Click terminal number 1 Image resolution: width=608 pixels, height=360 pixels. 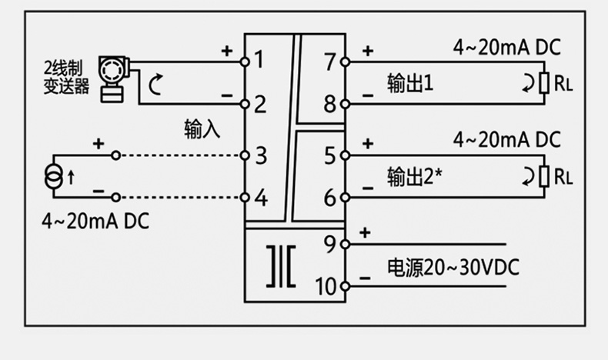pyautogui.click(x=259, y=59)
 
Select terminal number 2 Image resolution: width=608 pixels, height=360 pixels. pyautogui.click(x=259, y=103)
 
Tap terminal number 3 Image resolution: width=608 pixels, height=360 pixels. pyautogui.click(x=260, y=155)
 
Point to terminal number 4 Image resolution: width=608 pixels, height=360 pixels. pyautogui.click(x=260, y=198)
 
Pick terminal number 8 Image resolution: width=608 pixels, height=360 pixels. pyautogui.click(x=330, y=103)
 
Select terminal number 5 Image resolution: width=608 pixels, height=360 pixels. pyautogui.click(x=330, y=155)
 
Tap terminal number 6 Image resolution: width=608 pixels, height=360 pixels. pyautogui.click(x=330, y=198)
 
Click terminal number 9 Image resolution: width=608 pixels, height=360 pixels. pyautogui.click(x=330, y=245)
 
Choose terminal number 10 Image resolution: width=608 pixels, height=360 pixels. pyautogui.click(x=326, y=287)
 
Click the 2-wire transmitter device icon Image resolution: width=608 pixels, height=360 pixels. pyautogui.click(x=113, y=75)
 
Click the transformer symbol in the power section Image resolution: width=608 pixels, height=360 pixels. pyautogui.click(x=282, y=266)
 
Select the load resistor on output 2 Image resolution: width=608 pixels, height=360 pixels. pyautogui.click(x=543, y=176)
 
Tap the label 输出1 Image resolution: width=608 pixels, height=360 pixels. pyautogui.click(x=410, y=82)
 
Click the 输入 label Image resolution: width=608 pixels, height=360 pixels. pyautogui.click(x=202, y=128)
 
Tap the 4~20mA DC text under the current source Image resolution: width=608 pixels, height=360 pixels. pyautogui.click(x=95, y=221)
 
